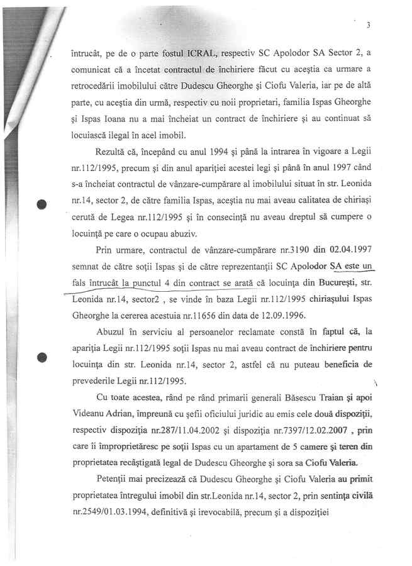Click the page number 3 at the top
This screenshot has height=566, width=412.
pos(368,25)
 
